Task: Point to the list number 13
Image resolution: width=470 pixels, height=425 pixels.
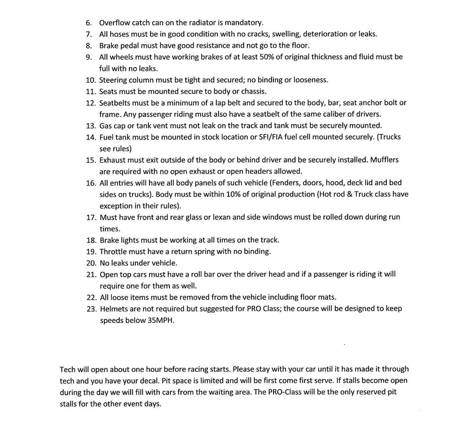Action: click(91, 126)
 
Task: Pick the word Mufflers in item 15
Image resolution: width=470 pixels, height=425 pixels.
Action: click(384, 160)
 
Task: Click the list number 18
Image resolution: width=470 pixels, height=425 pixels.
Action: click(91, 240)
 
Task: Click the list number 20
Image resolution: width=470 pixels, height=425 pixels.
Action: click(91, 263)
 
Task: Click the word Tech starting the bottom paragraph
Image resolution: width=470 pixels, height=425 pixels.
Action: click(67, 369)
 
